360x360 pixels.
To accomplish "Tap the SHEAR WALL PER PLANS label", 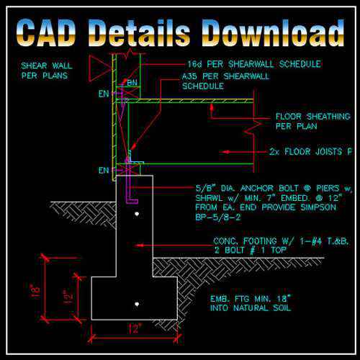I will pos(45,70).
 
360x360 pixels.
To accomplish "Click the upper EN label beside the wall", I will pos(103,94).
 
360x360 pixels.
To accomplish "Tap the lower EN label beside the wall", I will pos(103,171).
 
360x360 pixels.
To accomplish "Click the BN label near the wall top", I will pos(132,83).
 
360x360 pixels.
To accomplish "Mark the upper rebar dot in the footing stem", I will pos(136,214).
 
